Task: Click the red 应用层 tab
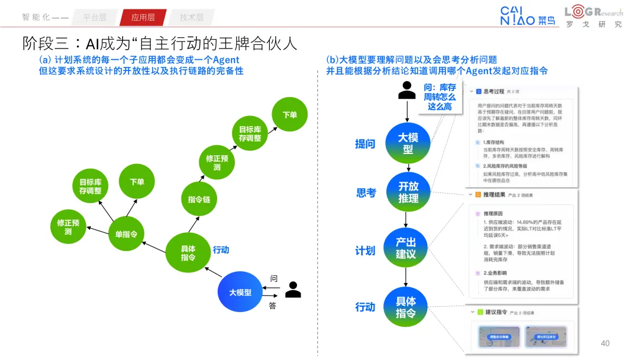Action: (143, 17)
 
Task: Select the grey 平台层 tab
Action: (95, 17)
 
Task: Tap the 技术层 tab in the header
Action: (191, 17)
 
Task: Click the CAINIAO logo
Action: (528, 16)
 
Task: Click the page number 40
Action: (605, 343)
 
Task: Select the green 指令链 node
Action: (199, 199)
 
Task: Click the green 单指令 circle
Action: (126, 234)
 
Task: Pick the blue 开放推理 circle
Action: (408, 192)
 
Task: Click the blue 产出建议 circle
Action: (406, 247)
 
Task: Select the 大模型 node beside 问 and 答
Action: (240, 292)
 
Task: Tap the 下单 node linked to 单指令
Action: (137, 182)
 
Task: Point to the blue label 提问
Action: (365, 144)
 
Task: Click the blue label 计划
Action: (365, 251)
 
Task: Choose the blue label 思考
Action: (366, 193)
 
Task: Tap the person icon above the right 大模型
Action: (407, 89)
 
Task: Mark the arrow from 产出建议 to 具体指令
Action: (406, 277)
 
